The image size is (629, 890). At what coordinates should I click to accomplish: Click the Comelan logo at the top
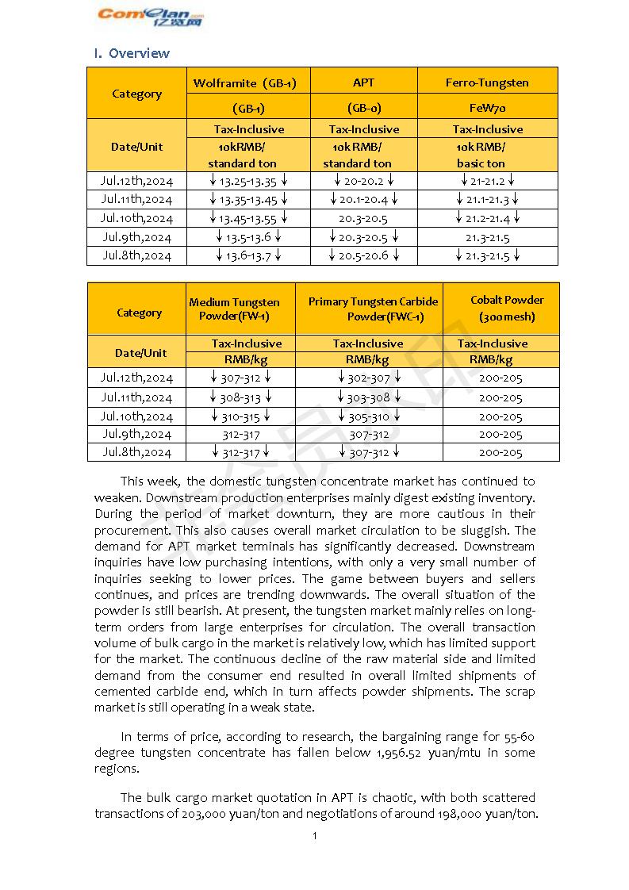click(x=151, y=16)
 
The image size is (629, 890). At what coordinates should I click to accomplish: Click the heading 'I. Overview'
click(x=132, y=53)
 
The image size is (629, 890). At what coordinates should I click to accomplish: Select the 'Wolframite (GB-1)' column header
click(x=247, y=82)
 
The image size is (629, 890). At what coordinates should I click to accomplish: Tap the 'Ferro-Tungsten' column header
click(x=487, y=82)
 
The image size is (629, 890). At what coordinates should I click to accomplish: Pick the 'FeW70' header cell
click(x=487, y=108)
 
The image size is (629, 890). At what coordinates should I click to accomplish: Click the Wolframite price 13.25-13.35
click(x=247, y=181)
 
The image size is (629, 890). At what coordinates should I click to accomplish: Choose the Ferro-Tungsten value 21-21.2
click(x=487, y=181)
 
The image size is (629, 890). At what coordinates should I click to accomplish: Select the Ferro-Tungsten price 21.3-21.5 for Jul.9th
click(x=487, y=237)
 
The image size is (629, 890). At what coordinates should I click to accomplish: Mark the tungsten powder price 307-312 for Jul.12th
click(x=240, y=378)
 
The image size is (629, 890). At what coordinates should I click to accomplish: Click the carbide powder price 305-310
click(x=369, y=416)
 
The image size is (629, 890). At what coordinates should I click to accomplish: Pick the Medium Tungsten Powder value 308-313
click(x=240, y=397)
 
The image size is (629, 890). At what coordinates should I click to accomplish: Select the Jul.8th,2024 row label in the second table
click(x=136, y=452)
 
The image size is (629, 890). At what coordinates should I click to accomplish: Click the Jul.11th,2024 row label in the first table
click(x=136, y=200)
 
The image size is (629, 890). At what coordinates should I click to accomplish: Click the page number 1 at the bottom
click(x=315, y=835)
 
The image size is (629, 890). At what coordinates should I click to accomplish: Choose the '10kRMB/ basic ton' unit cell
click(x=481, y=155)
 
